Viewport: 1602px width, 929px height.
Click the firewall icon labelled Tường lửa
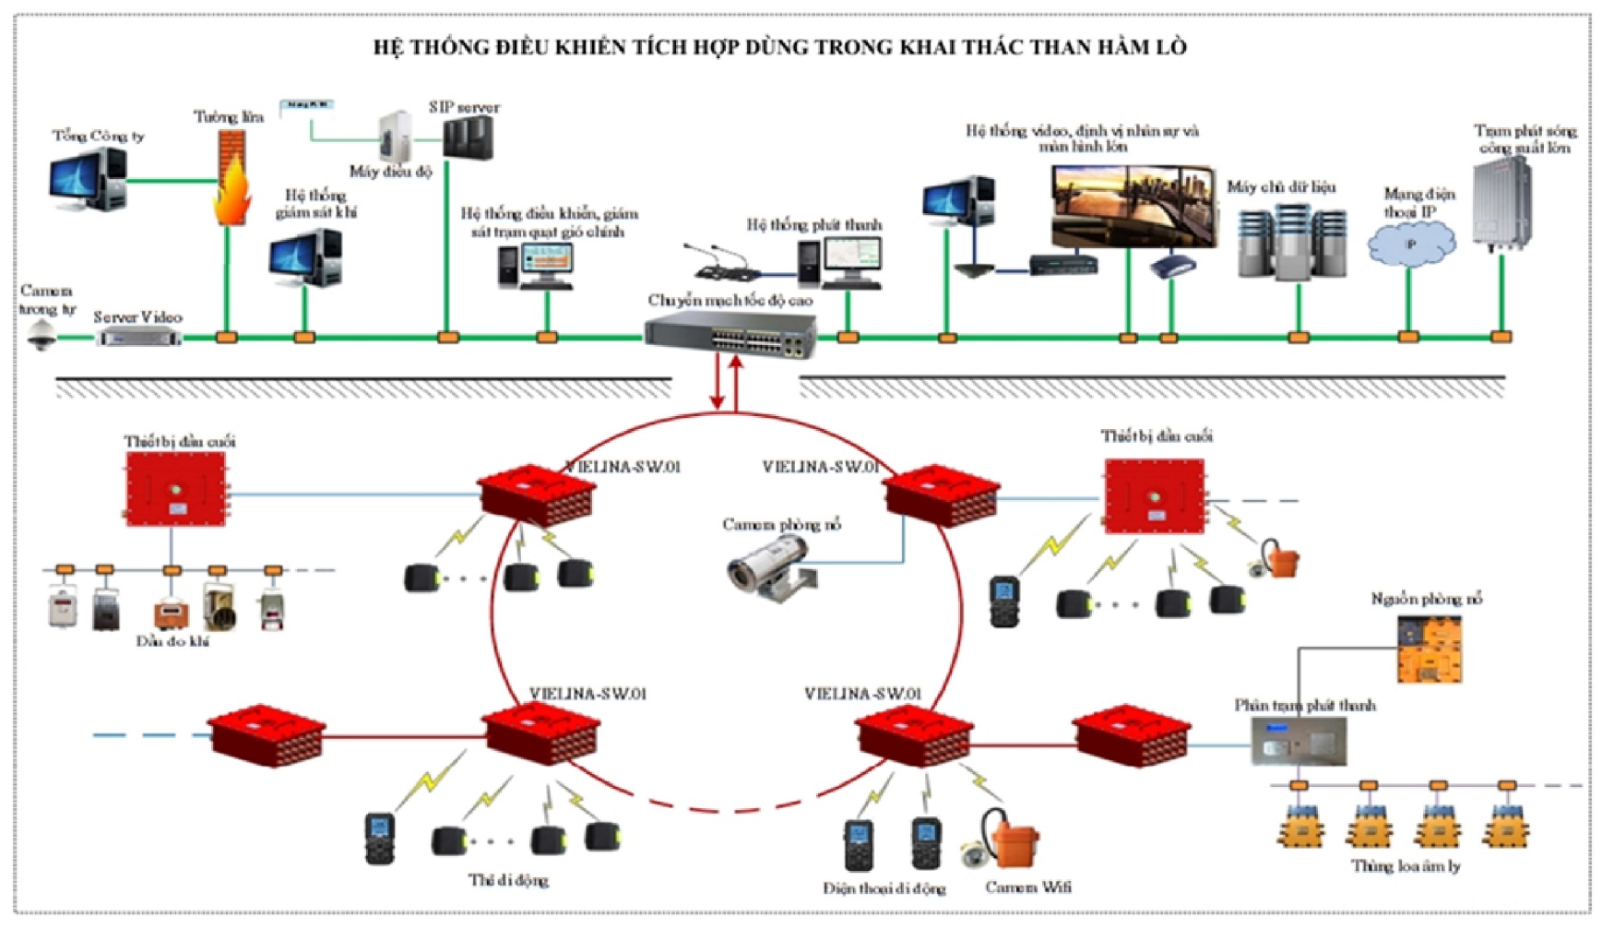coord(231,179)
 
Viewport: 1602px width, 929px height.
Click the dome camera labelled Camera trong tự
coord(40,337)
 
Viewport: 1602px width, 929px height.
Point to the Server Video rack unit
coord(139,339)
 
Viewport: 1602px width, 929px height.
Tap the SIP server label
coord(464,107)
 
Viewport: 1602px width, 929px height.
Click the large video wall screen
coord(1133,206)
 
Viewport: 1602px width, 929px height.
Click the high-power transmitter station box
coord(1501,205)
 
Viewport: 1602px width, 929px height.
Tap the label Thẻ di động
coord(508,880)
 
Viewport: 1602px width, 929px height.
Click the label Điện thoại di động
coord(884,888)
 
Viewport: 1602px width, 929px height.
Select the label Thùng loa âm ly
coord(1405,866)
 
